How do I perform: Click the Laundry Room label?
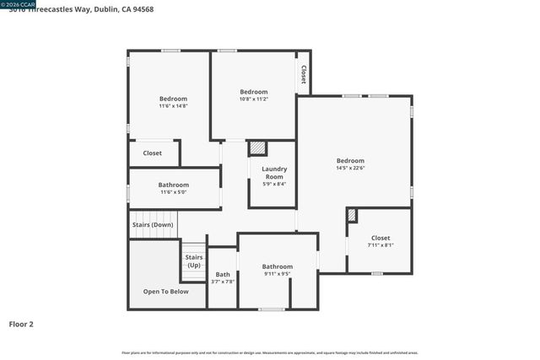(274, 173)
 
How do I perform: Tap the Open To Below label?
(165, 292)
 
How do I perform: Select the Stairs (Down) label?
(153, 225)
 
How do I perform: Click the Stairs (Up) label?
(194, 261)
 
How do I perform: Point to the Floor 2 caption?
(21, 324)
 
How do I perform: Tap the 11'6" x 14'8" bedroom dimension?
(173, 106)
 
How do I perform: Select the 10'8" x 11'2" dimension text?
(253, 99)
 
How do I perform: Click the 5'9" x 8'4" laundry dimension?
(274, 184)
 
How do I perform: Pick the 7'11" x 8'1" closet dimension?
(381, 245)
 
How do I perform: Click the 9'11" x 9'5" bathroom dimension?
(277, 274)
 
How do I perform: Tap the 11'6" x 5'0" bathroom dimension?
(173, 192)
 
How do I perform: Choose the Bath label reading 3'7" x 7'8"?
(223, 278)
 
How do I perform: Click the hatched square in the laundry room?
(257, 148)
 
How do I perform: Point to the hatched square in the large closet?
(352, 216)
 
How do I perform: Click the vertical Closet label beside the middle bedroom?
(302, 76)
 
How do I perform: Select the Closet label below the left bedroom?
(153, 153)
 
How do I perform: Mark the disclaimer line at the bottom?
(270, 352)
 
